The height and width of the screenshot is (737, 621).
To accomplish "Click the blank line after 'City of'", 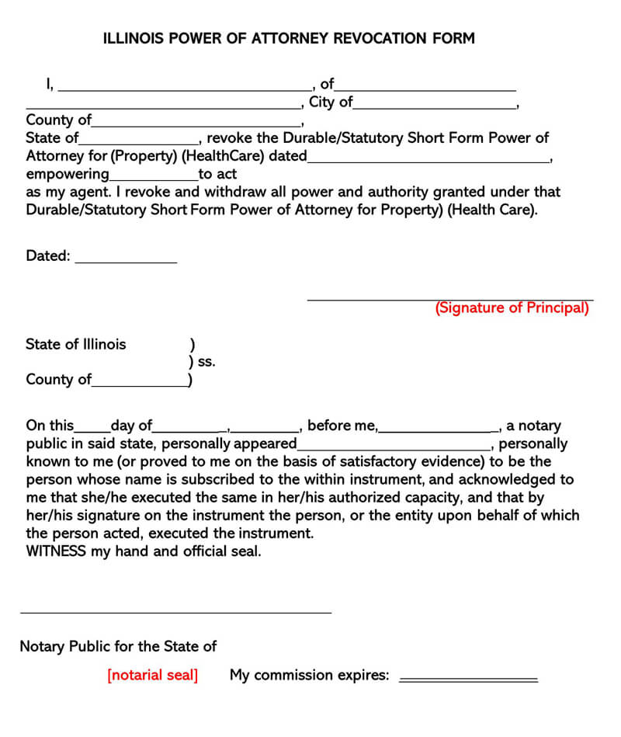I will pyautogui.click(x=435, y=105).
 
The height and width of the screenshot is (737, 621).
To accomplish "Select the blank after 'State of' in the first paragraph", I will pyautogui.click(x=139, y=141).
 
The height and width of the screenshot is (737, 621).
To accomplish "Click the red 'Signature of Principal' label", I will pyautogui.click(x=512, y=308).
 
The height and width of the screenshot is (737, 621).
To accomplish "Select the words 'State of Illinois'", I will pyautogui.click(x=75, y=344).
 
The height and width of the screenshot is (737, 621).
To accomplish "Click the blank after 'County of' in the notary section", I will pyautogui.click(x=140, y=383).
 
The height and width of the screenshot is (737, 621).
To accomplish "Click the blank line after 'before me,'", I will pyautogui.click(x=439, y=429).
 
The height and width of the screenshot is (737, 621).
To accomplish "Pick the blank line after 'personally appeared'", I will pyautogui.click(x=394, y=447).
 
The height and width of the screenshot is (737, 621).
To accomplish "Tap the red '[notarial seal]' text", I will pyautogui.click(x=153, y=675).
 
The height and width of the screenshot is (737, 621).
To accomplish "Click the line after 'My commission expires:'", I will pyautogui.click(x=468, y=679).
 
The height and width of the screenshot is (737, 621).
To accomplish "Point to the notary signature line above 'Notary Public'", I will pyautogui.click(x=175, y=611).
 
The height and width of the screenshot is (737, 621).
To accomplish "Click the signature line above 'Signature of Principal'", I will pyautogui.click(x=450, y=297).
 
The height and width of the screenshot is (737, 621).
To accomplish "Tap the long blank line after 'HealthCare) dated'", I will pyautogui.click(x=428, y=159).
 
